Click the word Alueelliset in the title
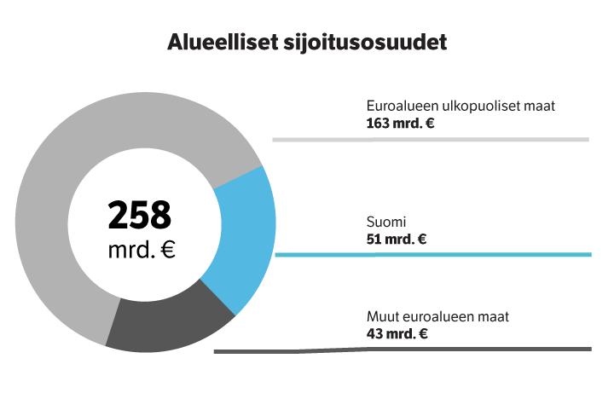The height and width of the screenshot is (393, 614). pyautogui.click(x=221, y=42)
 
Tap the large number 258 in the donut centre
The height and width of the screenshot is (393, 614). pyautogui.click(x=140, y=216)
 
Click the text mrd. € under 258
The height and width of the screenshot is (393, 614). pyautogui.click(x=142, y=251)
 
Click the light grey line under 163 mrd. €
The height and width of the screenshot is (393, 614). pyautogui.click(x=431, y=139)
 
